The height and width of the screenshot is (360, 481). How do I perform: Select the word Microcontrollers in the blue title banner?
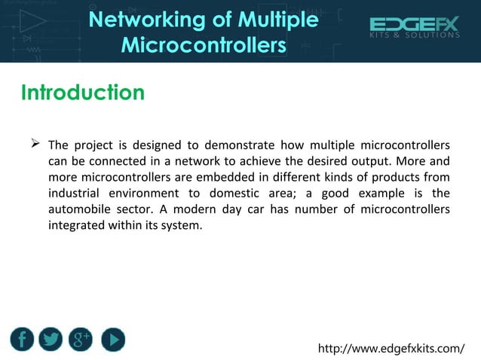click(x=204, y=46)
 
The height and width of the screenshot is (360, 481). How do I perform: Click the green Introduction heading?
click(x=82, y=93)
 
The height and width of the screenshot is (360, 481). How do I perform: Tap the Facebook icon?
click(x=22, y=340)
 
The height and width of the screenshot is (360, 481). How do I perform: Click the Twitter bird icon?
click(x=51, y=340)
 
